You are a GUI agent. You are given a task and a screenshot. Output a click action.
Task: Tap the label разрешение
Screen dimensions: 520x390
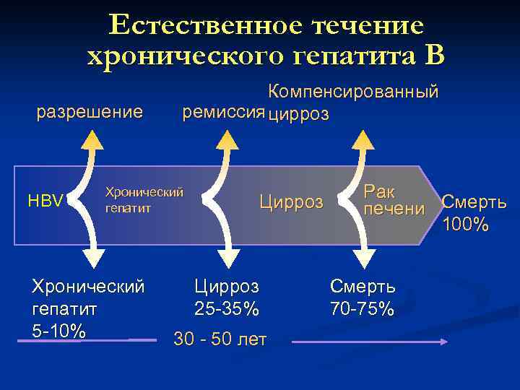pos(90,112)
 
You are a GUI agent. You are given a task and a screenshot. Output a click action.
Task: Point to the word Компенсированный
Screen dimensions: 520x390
pos(353,92)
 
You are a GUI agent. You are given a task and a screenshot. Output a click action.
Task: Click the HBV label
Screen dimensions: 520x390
pos(45,201)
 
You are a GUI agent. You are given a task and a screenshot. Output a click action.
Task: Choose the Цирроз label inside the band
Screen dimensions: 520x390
pos(291,202)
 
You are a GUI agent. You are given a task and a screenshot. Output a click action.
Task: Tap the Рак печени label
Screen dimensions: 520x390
pos(394,200)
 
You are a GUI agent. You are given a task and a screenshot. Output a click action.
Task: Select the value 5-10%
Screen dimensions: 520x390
pos(59,331)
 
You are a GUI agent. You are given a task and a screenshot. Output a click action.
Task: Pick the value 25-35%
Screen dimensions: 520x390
pos(226,308)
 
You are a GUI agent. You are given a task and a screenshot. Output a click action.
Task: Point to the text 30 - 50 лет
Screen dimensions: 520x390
pos(220,339)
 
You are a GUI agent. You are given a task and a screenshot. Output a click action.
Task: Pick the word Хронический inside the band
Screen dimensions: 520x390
pos(144,192)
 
